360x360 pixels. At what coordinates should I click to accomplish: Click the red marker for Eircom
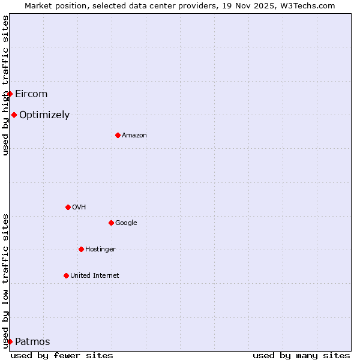[x=10, y=94]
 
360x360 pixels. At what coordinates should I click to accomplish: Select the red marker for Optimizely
[x=14, y=115]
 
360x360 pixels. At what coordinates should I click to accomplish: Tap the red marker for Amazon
[x=118, y=135]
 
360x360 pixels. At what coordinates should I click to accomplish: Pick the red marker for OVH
[x=68, y=207]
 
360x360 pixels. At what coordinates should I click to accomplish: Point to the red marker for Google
[x=111, y=223]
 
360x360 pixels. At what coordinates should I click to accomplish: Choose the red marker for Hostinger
[x=81, y=249]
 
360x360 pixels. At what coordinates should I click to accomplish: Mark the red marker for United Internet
[x=66, y=275]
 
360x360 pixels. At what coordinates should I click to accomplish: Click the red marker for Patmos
[x=10, y=341]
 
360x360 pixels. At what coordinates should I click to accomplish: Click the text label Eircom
[x=31, y=94]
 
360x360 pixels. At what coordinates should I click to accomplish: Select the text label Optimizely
[x=44, y=115]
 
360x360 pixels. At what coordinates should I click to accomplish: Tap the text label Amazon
[x=134, y=136]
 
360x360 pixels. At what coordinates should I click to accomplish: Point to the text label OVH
[x=79, y=208]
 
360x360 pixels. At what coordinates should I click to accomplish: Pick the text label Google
[x=126, y=223]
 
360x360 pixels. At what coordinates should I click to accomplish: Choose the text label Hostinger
[x=100, y=250]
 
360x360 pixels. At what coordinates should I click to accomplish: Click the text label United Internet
[x=95, y=276]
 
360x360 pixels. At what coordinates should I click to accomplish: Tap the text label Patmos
[x=32, y=342]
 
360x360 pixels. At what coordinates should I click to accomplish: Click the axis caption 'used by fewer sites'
[x=62, y=355]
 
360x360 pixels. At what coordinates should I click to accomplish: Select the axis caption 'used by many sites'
[x=301, y=355]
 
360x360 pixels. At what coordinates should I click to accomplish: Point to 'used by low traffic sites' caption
[x=5, y=281]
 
